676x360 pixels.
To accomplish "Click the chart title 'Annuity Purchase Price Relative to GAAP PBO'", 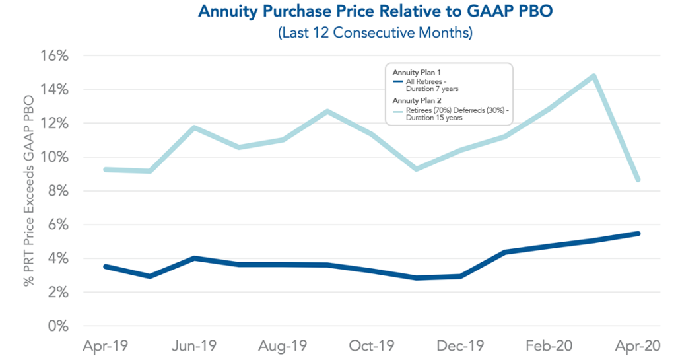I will pos(337,12).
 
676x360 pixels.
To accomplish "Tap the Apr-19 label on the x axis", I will pos(106,345).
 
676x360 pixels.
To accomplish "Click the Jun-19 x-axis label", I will pos(195,345).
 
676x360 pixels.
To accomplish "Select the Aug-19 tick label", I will pos(283,345).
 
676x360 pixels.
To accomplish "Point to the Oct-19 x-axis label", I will pos(371,345).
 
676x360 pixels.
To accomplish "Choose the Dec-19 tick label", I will pos(461,345).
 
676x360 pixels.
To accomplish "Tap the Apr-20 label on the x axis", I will pos(637,345).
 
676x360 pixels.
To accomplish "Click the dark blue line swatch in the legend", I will pos(397,81).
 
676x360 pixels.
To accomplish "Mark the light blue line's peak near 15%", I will pos(594,76).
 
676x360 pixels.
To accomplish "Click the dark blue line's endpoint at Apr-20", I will pos(638,233).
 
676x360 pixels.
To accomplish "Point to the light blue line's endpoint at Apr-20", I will pos(638,180).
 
